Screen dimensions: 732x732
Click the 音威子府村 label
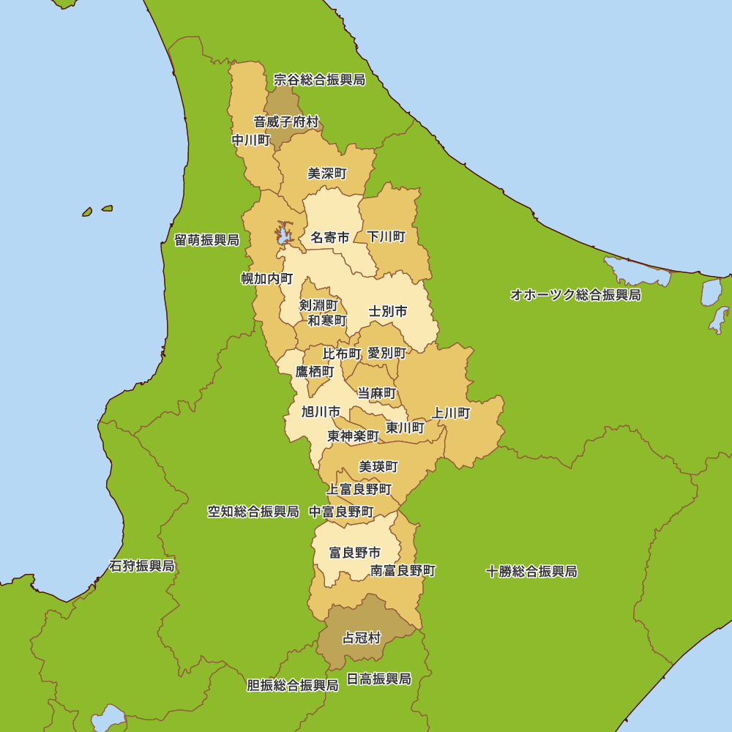coord(286,122)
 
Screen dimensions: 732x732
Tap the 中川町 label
coord(251,140)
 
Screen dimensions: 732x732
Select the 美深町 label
coord(327,173)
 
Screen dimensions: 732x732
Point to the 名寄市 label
coord(330,237)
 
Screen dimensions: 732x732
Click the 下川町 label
coord(386,236)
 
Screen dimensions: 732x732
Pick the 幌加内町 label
coord(267,278)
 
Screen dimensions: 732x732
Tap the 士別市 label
coord(388,311)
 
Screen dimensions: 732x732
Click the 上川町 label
coord(451,413)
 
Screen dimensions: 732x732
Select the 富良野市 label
coord(355,553)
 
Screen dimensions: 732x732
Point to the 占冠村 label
coord(362,638)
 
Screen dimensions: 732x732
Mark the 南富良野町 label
coord(403,570)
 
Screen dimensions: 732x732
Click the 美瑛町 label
coord(378,466)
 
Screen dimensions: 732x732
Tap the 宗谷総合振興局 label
coord(319,79)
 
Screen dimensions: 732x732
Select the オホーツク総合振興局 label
coord(575,295)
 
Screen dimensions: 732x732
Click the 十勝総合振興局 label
coord(531,571)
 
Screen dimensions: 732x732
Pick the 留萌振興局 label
coord(206,240)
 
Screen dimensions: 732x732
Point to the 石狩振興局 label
coord(142,566)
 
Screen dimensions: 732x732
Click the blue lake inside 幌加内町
coord(282,235)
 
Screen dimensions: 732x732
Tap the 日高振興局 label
coord(378,679)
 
